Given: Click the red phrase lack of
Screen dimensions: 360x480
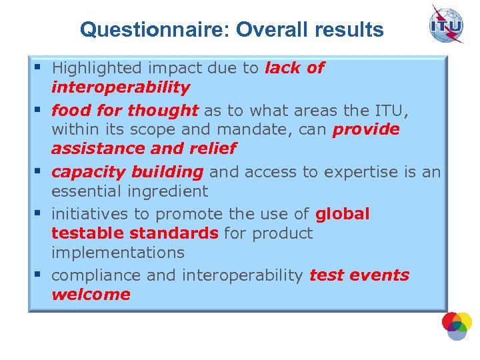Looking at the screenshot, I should [294, 68].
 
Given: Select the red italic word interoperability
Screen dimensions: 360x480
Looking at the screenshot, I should [121, 87].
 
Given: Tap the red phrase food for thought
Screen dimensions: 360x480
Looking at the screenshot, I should [125, 110].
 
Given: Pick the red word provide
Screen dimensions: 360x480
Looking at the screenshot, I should [366, 129].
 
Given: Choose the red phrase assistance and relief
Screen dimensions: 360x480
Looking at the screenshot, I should [143, 148].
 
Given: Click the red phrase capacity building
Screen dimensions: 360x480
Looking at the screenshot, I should [127, 172].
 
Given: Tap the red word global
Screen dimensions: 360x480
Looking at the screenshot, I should [342, 214].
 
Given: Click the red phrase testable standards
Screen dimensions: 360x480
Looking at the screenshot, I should [135, 233].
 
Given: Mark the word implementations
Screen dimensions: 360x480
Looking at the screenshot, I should [117, 253].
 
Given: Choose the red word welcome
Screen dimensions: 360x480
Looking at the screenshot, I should [91, 295].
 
